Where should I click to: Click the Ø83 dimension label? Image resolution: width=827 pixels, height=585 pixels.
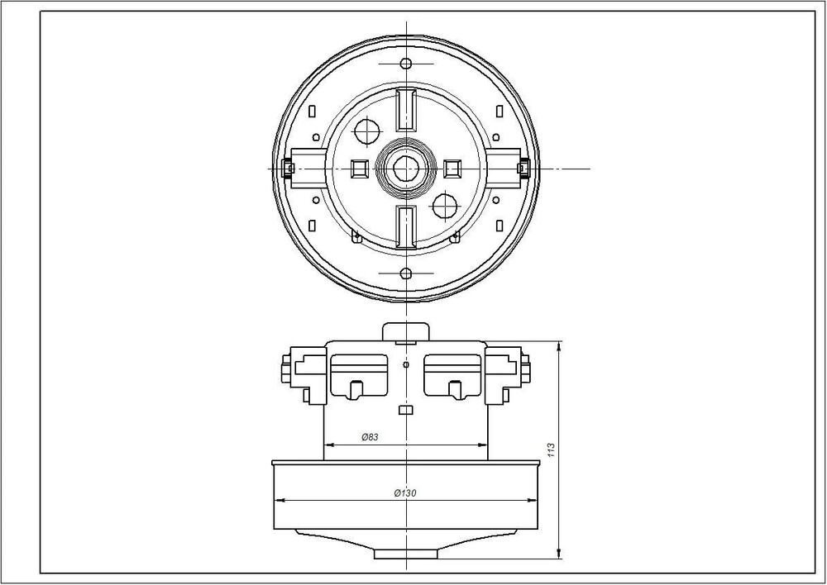(x=370, y=437)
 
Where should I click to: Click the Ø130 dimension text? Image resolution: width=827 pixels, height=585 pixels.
(x=405, y=493)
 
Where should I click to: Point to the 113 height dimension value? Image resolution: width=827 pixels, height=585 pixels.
(x=552, y=449)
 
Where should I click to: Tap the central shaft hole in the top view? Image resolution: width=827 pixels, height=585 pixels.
(x=405, y=169)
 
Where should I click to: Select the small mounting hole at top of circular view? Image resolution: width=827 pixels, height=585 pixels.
(x=405, y=64)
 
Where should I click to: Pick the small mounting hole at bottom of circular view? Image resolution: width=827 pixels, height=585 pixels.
(x=405, y=273)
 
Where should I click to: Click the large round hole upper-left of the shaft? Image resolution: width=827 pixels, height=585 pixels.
(x=367, y=131)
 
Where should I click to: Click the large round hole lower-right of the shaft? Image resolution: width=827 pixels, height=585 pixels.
(x=445, y=207)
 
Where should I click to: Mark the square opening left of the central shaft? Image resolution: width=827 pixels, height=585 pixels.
(x=359, y=169)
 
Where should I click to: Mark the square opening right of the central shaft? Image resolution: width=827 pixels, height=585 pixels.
(x=452, y=169)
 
